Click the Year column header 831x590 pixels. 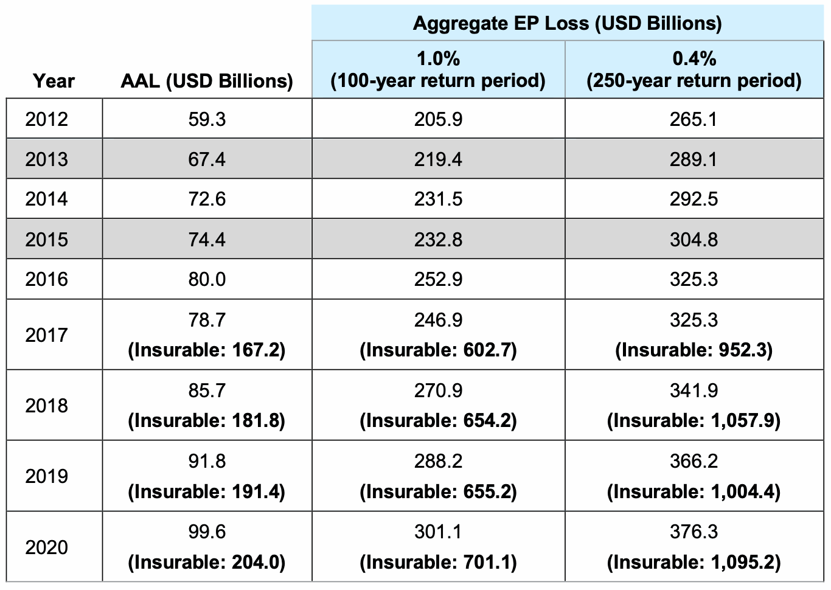point(54,81)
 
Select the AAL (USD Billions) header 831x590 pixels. point(207,81)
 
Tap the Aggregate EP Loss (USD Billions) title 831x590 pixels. point(567,23)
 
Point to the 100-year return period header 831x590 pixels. point(438,70)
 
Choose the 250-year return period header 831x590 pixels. point(694,70)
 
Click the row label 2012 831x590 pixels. point(47,119)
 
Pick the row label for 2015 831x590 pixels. point(47,240)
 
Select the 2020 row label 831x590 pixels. point(47,547)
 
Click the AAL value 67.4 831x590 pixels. point(207,159)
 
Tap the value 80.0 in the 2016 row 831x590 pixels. point(207,279)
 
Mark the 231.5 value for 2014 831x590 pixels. point(438,200)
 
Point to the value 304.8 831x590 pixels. point(694,240)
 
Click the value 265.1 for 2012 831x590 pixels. point(694,119)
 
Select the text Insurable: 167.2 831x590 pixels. point(207,350)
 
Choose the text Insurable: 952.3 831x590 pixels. point(694,350)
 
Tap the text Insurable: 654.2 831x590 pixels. point(438,421)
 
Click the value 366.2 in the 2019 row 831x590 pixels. point(694,461)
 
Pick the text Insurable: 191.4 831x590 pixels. point(207,491)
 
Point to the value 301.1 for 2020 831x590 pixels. point(438,532)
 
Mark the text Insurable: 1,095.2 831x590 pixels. point(694,562)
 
